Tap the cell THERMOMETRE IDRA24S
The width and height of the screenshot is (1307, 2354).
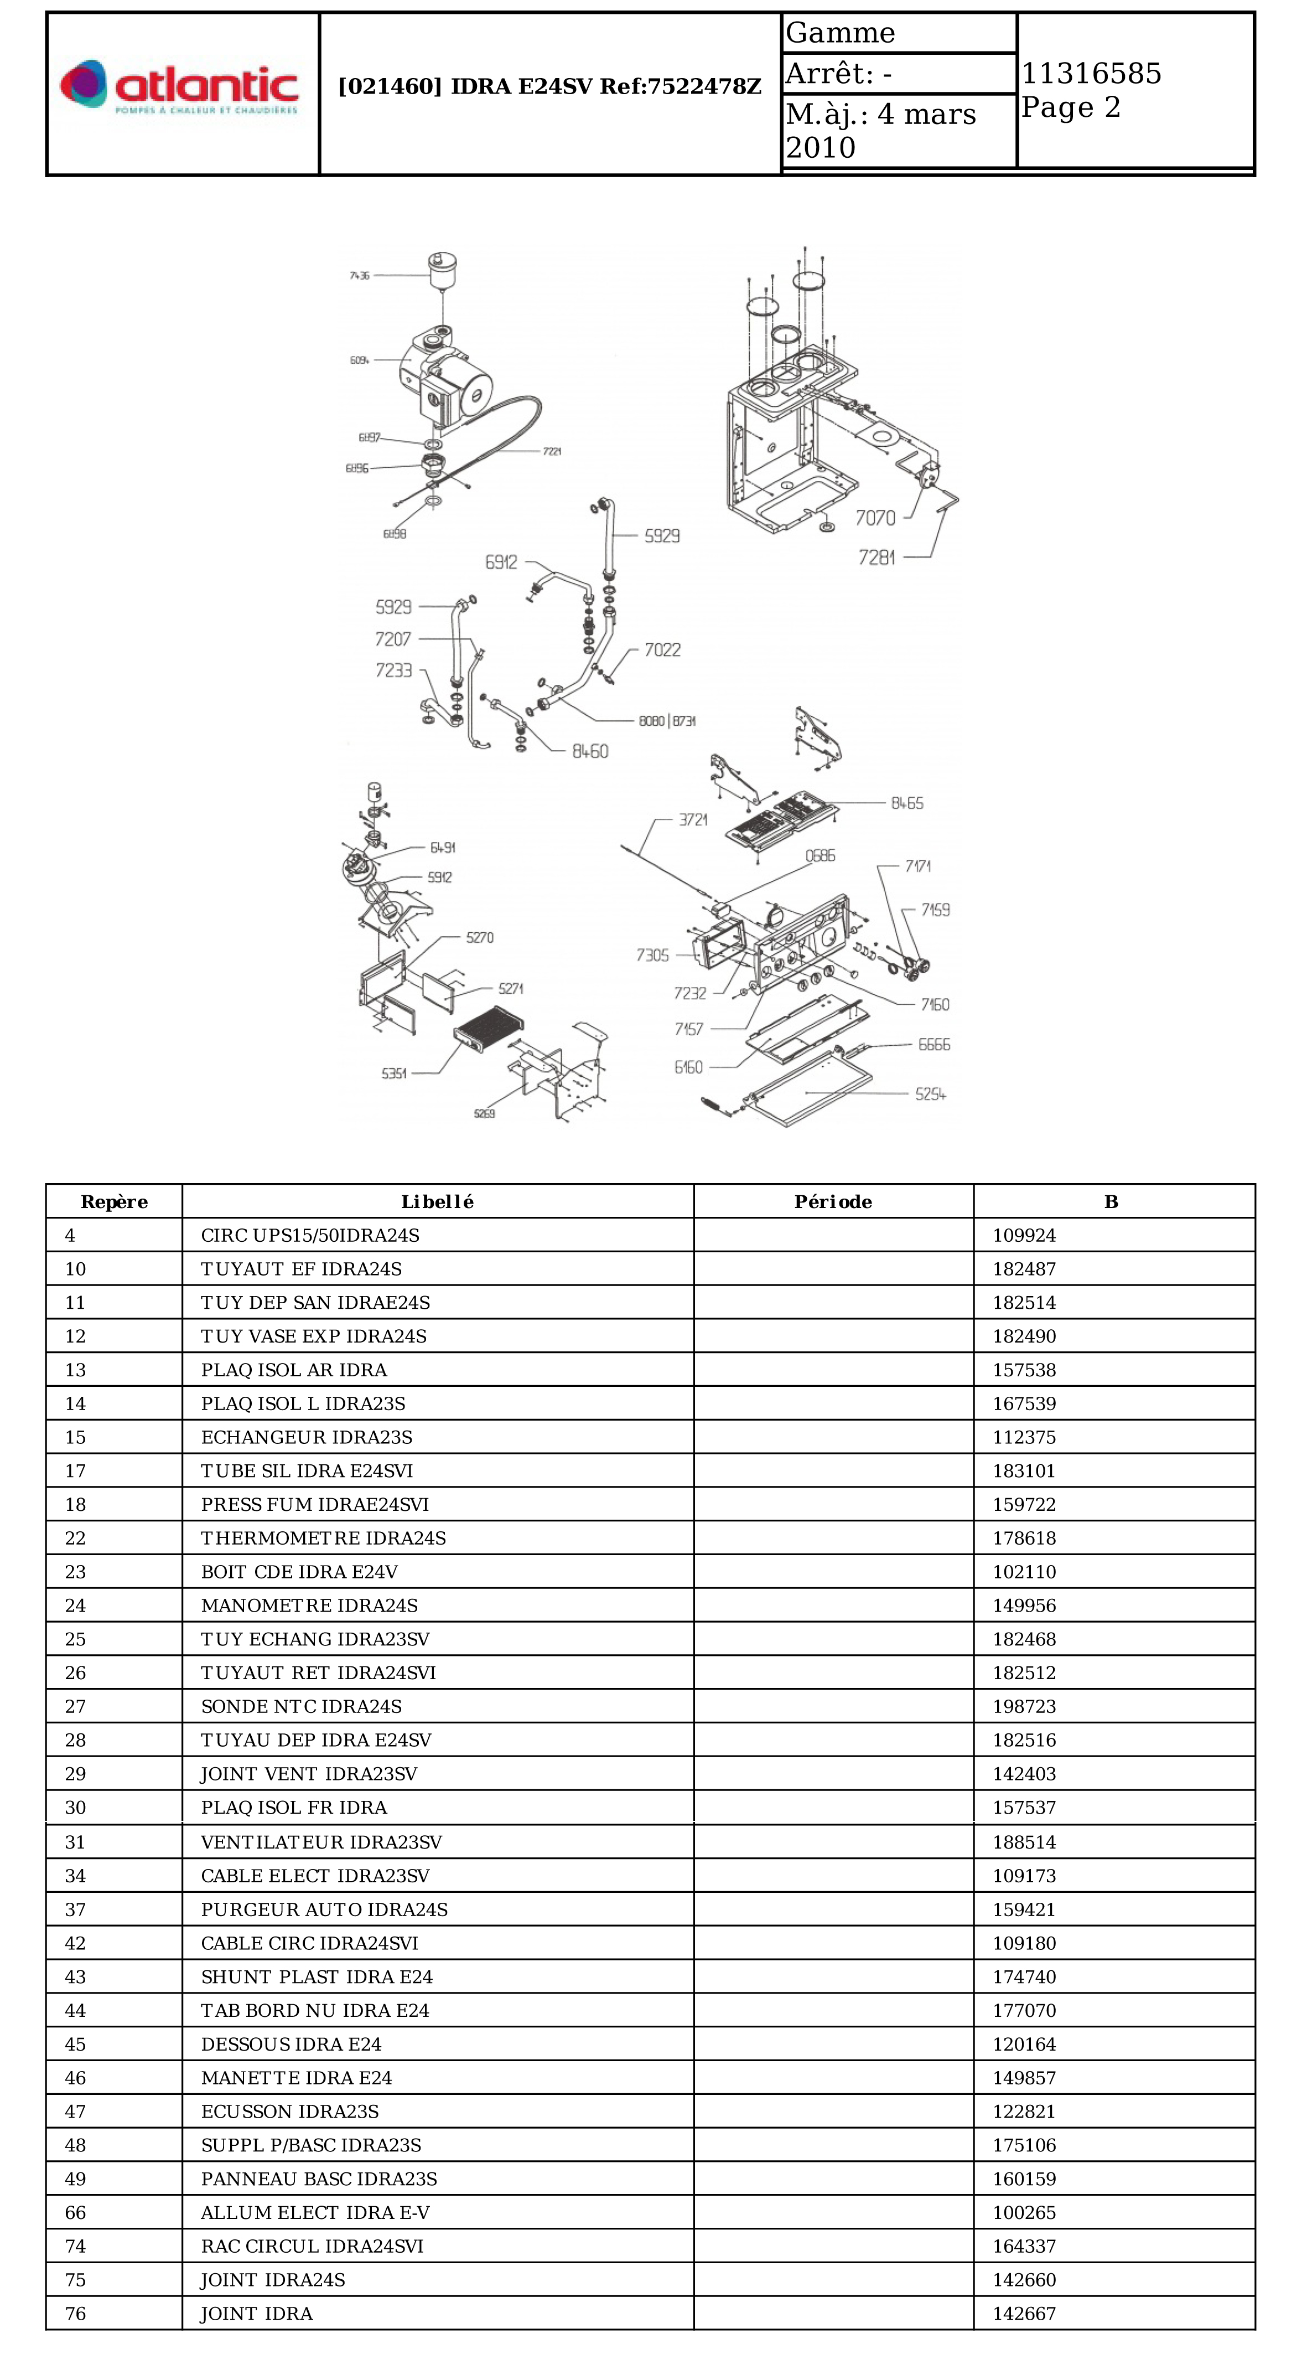click(323, 1538)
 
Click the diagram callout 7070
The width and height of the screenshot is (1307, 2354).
click(874, 518)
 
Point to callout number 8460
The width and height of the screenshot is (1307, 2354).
click(590, 751)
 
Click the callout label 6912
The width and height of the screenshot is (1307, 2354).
click(501, 562)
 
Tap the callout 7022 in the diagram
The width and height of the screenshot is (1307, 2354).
click(662, 650)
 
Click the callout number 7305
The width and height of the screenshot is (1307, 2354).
click(652, 955)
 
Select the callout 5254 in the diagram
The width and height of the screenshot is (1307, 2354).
click(930, 1094)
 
